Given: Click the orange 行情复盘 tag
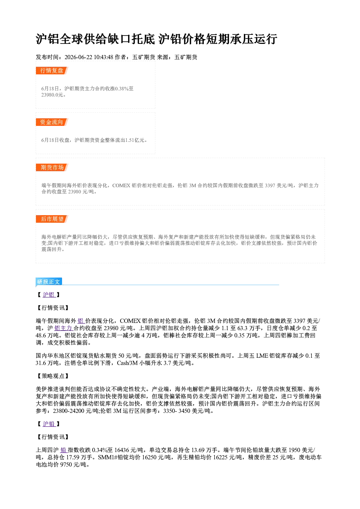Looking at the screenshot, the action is pos(52,70).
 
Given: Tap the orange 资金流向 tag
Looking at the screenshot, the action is pos(52,122).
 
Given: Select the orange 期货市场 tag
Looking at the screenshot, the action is pos(52,168).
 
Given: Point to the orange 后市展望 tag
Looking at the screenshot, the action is pos(52,219).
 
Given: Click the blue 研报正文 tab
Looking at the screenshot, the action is pos(49,282).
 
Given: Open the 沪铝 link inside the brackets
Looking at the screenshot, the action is pos(49,295).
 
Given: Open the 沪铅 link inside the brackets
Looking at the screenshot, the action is pos(49,424).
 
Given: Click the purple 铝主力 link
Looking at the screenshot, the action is pos(64,328).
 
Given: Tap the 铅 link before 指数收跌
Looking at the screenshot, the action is pos(64,450).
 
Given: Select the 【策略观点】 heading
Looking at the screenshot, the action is pos(53,376).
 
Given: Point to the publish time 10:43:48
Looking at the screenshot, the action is pos(103,57).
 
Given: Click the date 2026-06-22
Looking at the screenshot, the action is pos(78,57).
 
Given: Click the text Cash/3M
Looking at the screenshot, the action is pos(127,363).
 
